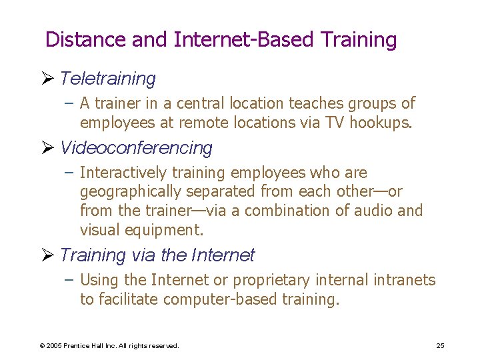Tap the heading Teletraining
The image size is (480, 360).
click(107, 79)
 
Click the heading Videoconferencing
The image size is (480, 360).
click(136, 147)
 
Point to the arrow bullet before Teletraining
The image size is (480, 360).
click(50, 79)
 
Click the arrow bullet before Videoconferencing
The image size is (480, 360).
click(50, 147)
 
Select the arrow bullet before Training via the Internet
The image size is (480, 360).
click(50, 255)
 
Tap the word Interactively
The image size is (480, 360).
click(123, 173)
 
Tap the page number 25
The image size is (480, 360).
click(440, 345)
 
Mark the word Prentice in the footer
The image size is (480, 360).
click(78, 346)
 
